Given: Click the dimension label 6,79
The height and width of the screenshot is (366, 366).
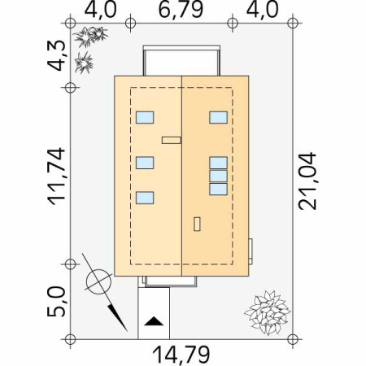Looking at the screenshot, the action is click(x=181, y=10).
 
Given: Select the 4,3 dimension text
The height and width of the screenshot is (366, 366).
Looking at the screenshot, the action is click(x=56, y=56).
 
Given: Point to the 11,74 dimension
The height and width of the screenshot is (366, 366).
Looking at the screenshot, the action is click(x=56, y=176).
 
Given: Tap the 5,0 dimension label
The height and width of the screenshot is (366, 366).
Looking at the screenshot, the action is click(x=56, y=302).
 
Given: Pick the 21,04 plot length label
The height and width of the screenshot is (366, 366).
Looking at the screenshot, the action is click(x=307, y=181).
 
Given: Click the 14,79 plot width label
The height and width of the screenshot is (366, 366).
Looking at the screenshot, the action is click(x=181, y=355).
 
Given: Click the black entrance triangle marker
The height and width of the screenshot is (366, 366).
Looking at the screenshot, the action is click(x=154, y=321).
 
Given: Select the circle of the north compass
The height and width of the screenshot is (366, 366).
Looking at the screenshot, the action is click(x=98, y=282).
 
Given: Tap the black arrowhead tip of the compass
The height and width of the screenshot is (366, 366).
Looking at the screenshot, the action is click(x=127, y=331).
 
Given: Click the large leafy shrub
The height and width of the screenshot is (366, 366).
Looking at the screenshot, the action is click(x=268, y=312).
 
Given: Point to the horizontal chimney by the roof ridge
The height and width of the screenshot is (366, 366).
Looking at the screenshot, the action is click(x=172, y=140).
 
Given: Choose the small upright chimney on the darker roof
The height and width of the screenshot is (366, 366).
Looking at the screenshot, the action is click(x=197, y=224).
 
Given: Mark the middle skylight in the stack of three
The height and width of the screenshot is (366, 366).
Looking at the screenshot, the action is click(x=218, y=176).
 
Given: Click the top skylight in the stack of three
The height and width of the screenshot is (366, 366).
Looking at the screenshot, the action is click(x=218, y=163).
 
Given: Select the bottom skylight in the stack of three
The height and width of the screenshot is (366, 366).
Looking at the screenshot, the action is click(x=218, y=190).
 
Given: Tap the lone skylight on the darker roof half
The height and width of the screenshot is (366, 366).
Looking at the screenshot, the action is click(x=218, y=117).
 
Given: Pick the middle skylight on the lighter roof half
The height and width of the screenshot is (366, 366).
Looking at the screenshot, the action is click(x=145, y=163).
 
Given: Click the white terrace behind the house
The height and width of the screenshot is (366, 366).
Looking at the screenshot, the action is click(x=181, y=61).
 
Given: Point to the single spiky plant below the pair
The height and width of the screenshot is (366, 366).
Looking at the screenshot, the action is click(x=84, y=63).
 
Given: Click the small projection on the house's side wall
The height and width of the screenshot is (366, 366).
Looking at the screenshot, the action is click(x=251, y=251).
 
